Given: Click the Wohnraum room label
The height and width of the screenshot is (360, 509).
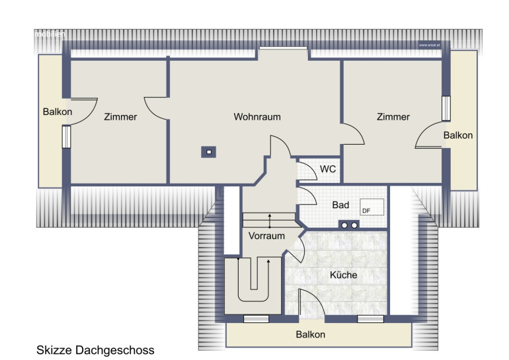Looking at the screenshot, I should click(257, 117).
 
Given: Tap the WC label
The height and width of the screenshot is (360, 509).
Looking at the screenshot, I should click(328, 169).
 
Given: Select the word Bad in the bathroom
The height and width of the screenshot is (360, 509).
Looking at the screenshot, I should click(340, 205).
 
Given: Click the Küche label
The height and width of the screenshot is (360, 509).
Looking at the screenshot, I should click(344, 275).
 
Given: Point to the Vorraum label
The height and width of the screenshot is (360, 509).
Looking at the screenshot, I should click(266, 236).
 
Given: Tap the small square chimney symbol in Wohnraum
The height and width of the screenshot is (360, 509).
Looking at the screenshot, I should click(209, 151).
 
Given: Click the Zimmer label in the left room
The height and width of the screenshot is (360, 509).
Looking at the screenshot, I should click(120, 117).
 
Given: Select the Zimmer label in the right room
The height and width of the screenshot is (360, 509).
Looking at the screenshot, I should click(393, 117).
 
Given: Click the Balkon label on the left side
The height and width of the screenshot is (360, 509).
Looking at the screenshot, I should click(57, 112).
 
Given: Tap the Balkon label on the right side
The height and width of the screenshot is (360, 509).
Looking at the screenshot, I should click(458, 135).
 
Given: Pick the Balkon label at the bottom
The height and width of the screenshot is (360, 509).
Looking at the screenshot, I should click(311, 334).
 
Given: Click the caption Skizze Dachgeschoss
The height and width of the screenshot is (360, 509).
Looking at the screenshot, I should click(95, 349).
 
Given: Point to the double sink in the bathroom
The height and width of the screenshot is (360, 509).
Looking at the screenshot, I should click(350, 224).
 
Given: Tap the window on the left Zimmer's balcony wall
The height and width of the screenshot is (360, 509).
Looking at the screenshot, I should click(66, 137).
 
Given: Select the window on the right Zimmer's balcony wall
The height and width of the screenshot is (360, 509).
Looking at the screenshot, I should click(446, 108).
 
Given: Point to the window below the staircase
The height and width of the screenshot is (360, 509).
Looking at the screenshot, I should click(256, 320).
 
